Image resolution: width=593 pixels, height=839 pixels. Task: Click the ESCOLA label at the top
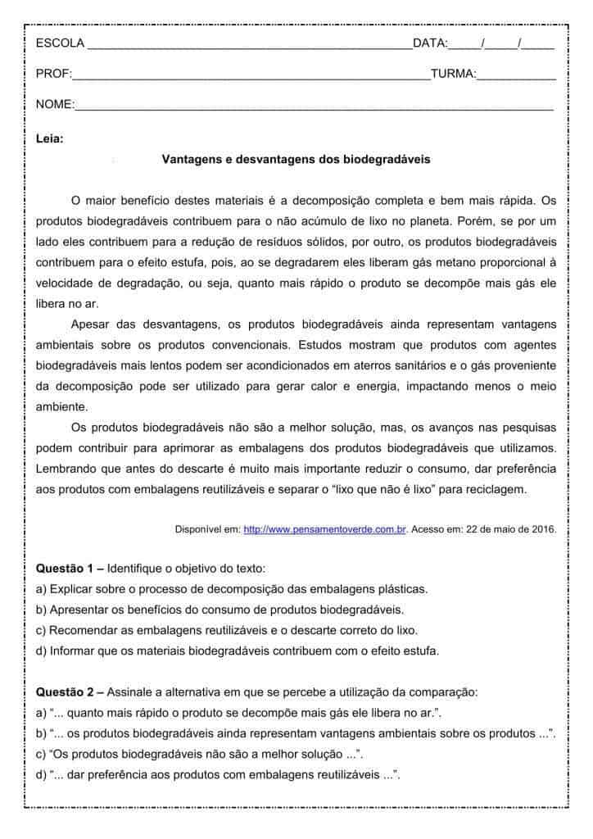[60, 43]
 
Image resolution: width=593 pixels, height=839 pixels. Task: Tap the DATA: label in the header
[430, 43]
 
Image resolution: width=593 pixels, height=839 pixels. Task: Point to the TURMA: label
[453, 75]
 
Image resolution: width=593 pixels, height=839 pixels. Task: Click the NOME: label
[55, 105]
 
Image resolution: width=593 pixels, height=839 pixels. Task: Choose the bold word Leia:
[50, 138]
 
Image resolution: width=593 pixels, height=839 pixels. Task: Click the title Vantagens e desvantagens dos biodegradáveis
[296, 159]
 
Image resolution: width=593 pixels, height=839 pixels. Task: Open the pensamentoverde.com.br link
[325, 529]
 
